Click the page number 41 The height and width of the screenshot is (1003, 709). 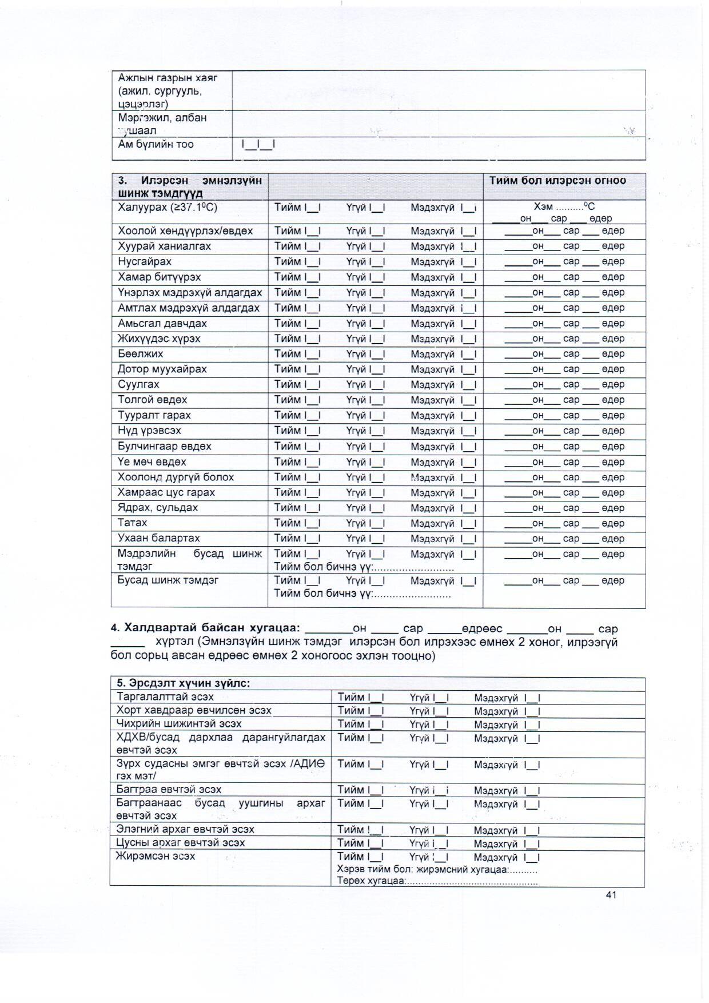(x=611, y=895)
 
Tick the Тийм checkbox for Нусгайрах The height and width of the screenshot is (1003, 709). (x=313, y=262)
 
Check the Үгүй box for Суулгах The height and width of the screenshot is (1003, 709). (x=377, y=385)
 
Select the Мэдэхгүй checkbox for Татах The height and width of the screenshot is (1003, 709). (x=469, y=523)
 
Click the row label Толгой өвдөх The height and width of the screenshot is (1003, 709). (x=152, y=400)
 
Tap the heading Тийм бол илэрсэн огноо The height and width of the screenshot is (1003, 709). (x=557, y=181)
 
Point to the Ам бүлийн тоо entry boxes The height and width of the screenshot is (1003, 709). (x=258, y=145)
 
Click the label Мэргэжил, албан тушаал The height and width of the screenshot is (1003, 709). (x=162, y=124)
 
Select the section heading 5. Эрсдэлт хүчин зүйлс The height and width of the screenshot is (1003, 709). (x=183, y=683)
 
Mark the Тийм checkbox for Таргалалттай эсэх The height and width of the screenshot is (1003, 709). (x=376, y=698)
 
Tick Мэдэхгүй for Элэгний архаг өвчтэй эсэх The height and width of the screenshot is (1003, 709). (x=532, y=830)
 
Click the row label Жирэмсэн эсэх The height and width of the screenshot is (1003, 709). (x=156, y=857)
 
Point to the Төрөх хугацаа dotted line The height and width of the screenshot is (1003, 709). (x=472, y=881)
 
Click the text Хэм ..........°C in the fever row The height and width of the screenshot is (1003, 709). (x=564, y=207)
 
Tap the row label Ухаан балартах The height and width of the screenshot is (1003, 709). (x=158, y=538)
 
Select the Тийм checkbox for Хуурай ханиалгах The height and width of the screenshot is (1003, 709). (x=313, y=246)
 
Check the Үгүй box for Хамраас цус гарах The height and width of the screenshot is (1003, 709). (x=377, y=493)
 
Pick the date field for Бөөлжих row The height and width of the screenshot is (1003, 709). (x=564, y=354)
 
